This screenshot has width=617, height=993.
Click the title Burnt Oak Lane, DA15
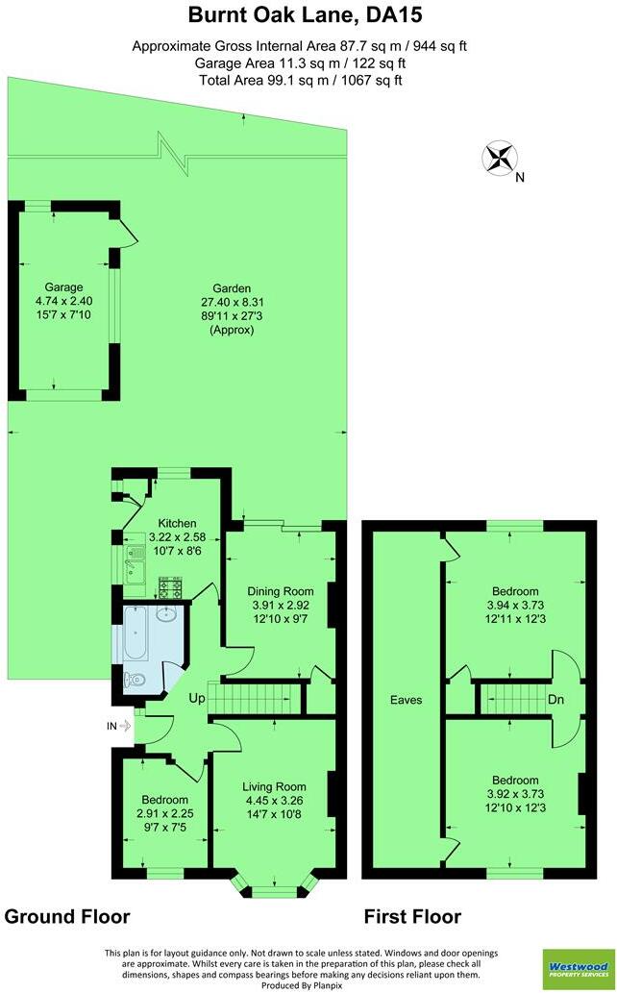pyautogui.click(x=306, y=15)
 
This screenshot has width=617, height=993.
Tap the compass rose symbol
pyautogui.click(x=500, y=158)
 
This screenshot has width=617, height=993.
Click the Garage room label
pyautogui.click(x=63, y=286)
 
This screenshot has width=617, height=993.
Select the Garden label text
pyautogui.click(x=231, y=288)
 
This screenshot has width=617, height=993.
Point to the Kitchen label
pyautogui.click(x=178, y=522)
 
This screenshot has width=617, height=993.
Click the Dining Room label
pyautogui.click(x=280, y=591)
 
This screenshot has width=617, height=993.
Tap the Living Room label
pyautogui.click(x=274, y=787)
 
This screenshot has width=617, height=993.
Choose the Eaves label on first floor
pyautogui.click(x=406, y=700)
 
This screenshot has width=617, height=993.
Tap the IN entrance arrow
pyautogui.click(x=121, y=728)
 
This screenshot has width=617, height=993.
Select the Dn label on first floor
pyautogui.click(x=555, y=700)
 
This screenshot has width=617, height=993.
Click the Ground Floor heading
pyautogui.click(x=67, y=916)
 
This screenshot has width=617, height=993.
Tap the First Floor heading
pyautogui.click(x=411, y=916)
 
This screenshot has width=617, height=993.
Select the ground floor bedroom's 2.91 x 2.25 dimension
pyautogui.click(x=165, y=813)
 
